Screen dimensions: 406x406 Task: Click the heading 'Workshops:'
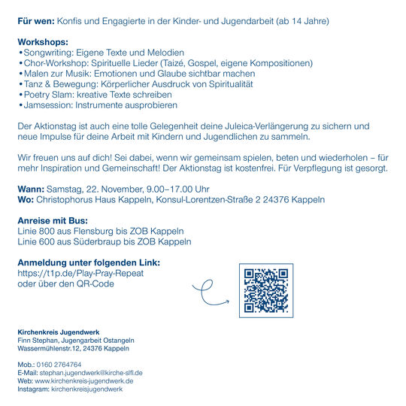click(43, 42)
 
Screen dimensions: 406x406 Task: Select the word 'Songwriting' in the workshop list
click(47, 53)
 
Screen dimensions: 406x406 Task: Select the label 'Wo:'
click(25, 201)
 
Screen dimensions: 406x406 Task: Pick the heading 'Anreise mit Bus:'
click(52, 221)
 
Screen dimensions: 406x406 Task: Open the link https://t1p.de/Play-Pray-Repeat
click(80, 273)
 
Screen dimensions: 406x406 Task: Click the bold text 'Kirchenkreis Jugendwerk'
click(64, 332)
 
